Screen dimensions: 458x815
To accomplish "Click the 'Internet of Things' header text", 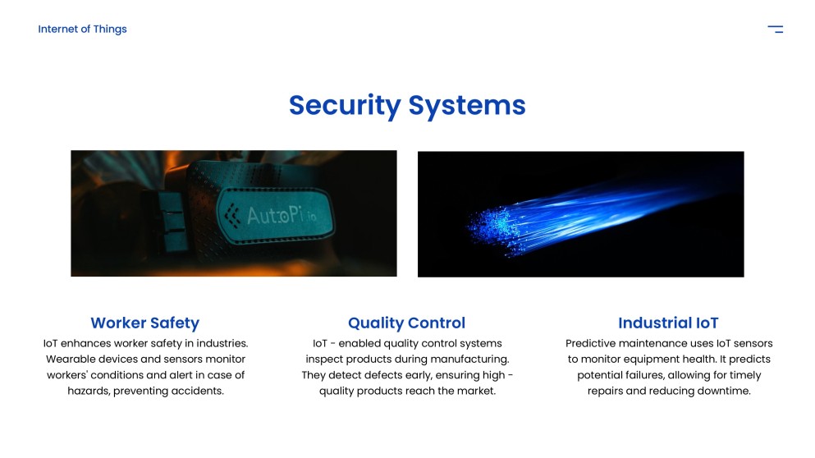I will click(x=82, y=30).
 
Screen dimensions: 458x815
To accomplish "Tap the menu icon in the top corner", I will click(x=775, y=30).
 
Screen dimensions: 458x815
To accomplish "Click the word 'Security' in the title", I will click(x=345, y=105).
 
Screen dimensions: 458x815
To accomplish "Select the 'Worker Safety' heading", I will click(x=144, y=323).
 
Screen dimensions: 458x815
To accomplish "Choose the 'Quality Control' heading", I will click(x=406, y=323).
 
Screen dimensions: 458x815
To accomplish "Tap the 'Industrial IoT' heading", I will click(x=668, y=323).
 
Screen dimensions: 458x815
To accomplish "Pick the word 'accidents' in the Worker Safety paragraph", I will click(x=199, y=392).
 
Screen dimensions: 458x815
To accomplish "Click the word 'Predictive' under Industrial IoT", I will click(x=592, y=343).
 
